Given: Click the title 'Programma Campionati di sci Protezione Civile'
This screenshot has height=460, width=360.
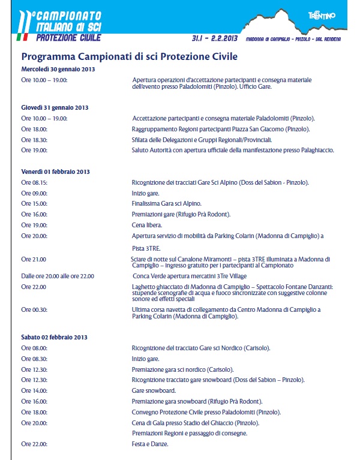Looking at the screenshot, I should click(130, 57).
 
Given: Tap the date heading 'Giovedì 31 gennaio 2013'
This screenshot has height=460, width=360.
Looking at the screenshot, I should click(55, 107).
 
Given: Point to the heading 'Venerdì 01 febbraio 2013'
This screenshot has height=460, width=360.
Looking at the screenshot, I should click(55, 172).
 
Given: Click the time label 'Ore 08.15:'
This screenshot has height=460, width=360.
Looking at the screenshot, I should click(35, 182).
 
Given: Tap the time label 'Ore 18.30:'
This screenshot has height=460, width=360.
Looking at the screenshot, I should click(35, 139).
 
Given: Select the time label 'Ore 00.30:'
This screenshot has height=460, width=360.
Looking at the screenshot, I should click(35, 309).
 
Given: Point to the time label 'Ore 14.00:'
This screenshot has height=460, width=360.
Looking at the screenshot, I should click(35, 390).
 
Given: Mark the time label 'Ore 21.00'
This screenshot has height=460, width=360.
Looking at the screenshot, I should click(34, 259).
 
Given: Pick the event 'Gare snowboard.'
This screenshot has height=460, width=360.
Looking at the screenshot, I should click(153, 390).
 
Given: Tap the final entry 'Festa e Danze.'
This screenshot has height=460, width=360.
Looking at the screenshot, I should click(150, 444).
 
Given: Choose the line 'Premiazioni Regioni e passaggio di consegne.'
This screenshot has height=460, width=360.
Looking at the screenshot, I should click(189, 433).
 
